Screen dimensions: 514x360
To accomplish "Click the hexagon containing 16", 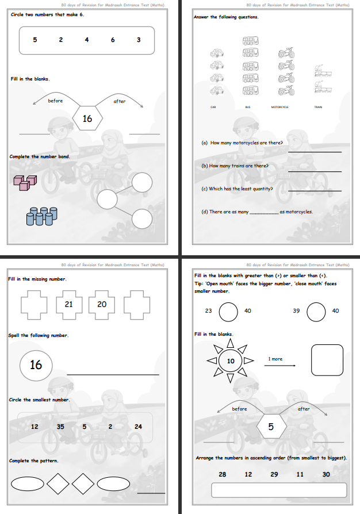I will point(87,119).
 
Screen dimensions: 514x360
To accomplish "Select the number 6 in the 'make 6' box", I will point(113,40).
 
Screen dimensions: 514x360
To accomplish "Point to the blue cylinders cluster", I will point(41,216).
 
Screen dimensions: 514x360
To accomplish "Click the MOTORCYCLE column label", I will point(279,107).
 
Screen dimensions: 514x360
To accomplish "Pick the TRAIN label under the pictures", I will point(318,107).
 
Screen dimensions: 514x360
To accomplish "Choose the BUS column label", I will point(248,107).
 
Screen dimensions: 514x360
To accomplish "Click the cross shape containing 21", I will point(68,305).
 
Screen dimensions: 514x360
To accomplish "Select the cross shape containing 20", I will point(102,305).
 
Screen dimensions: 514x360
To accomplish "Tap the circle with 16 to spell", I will point(36,365).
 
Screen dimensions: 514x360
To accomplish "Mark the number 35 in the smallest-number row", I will point(60,427).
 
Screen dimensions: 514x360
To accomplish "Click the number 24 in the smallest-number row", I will point(138,427).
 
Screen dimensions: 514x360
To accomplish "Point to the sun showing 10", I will point(230,361).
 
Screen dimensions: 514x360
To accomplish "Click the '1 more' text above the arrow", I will point(275,359).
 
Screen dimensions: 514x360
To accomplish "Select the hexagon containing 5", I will point(270,427).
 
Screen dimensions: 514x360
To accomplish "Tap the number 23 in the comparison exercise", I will point(208,310).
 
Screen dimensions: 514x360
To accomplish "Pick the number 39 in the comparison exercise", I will point(297,310).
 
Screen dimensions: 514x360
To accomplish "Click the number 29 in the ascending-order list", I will point(274,474).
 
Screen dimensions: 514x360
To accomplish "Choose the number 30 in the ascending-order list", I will point(326,474).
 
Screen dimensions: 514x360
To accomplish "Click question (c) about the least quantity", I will point(237,189).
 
